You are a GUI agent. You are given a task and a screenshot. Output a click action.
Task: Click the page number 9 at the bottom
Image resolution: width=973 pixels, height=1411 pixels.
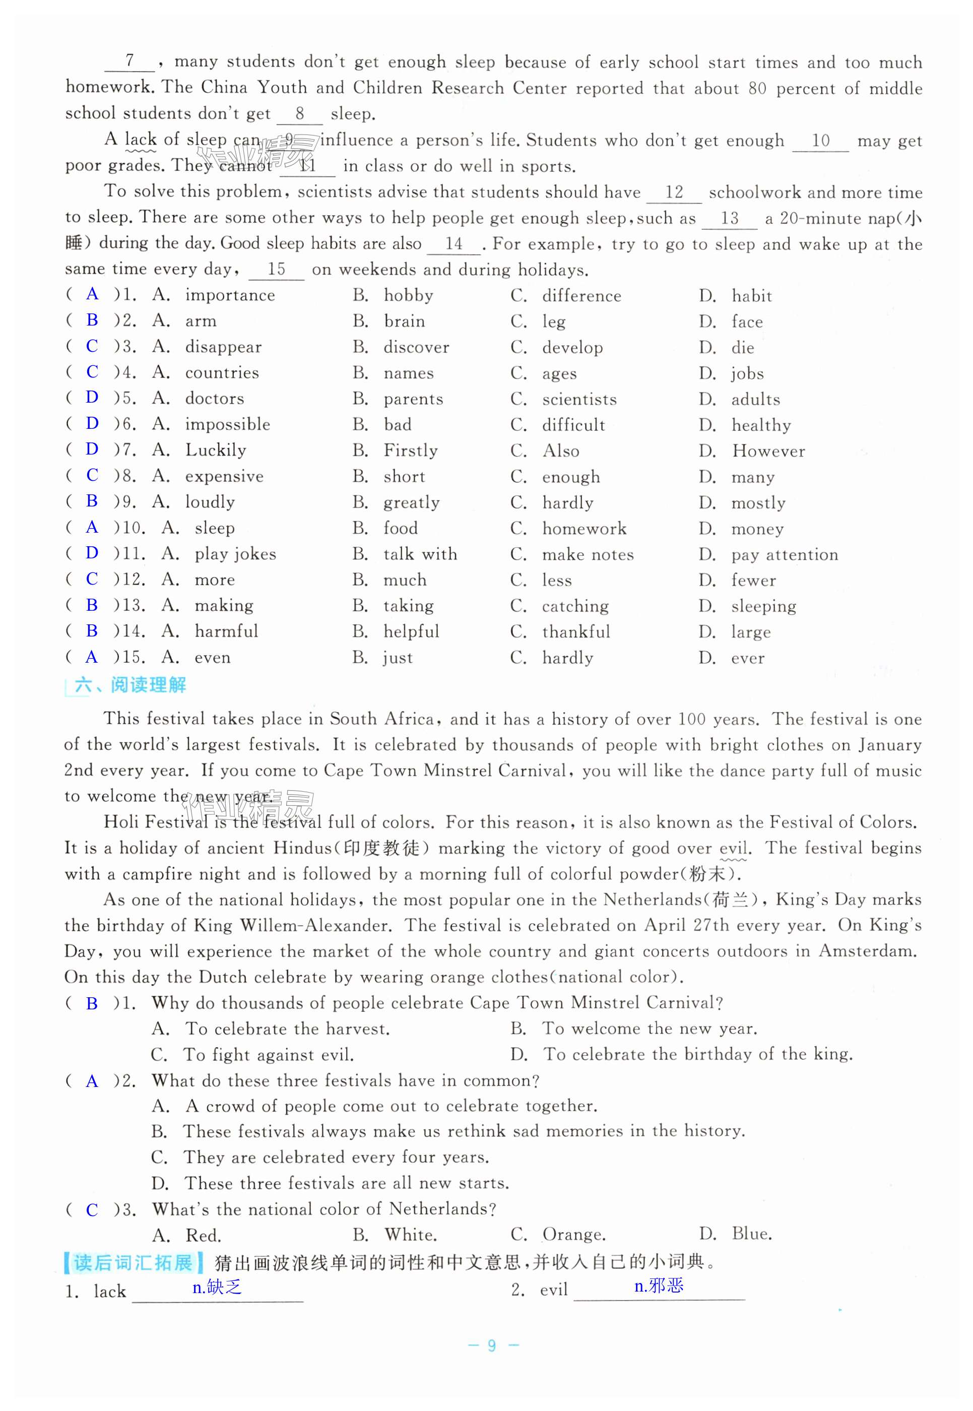(x=492, y=1345)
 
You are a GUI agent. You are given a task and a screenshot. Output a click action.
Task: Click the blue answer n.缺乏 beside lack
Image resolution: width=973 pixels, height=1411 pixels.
(x=217, y=1287)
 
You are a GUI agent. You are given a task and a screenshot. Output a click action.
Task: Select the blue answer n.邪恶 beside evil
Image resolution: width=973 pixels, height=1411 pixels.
(x=659, y=1286)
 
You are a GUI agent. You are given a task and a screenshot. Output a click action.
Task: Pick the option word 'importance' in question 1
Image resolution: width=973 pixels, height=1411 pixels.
(x=230, y=296)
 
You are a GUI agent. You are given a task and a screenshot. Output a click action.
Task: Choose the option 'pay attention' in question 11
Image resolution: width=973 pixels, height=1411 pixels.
(x=785, y=555)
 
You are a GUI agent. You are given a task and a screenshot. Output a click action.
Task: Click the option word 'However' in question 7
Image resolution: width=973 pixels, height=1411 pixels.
(x=768, y=451)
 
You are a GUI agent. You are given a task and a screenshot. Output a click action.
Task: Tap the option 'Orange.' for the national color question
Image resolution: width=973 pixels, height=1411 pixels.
(x=574, y=1235)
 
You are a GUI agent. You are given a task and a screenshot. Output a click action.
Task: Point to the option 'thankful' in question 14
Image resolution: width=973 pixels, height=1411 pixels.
(x=576, y=632)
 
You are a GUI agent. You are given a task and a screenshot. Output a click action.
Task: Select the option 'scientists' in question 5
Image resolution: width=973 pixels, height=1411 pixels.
(x=579, y=400)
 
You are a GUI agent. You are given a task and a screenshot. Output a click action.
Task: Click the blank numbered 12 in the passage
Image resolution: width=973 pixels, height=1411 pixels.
(x=674, y=193)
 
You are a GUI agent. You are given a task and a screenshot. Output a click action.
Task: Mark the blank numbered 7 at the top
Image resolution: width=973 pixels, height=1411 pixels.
(x=129, y=61)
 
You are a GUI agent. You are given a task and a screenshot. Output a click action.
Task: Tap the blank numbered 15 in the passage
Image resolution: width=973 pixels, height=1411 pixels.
(x=276, y=270)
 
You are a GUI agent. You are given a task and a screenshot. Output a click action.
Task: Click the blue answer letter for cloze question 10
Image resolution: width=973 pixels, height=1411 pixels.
(x=92, y=528)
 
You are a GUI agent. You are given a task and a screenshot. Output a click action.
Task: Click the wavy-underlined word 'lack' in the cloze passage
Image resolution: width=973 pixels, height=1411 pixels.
(x=140, y=140)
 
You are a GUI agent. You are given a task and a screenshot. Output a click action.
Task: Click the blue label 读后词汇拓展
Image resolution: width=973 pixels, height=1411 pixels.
(x=133, y=1263)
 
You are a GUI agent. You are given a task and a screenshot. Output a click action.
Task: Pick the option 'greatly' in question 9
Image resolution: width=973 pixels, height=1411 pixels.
(x=411, y=503)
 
